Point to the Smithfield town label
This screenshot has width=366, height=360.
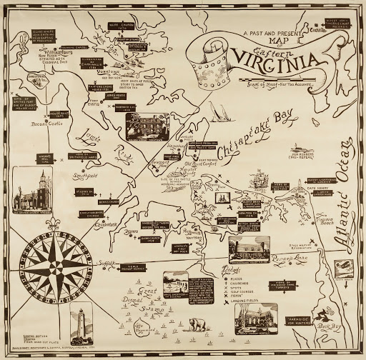tap(81, 174)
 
